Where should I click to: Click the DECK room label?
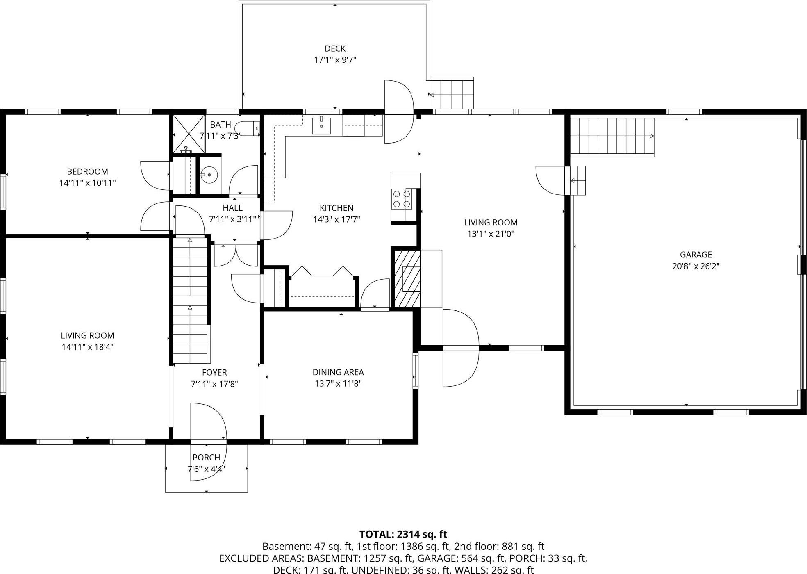[x=335, y=49]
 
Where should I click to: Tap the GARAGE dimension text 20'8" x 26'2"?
[x=696, y=266]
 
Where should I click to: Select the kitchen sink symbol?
[x=321, y=125]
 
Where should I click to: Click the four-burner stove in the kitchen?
[x=401, y=199]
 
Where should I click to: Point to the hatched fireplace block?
[x=407, y=278]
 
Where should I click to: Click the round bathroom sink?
[x=210, y=175]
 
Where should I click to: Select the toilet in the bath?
[x=250, y=128]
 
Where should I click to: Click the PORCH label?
[x=206, y=457]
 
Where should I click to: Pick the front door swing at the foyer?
[x=208, y=422]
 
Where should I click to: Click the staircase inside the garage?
[x=612, y=136]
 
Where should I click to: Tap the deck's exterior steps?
[x=451, y=94]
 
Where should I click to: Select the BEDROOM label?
[x=87, y=171]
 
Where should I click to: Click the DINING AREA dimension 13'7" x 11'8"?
[x=338, y=384]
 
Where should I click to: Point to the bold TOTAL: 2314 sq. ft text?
[x=403, y=534]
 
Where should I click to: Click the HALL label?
[x=232, y=208]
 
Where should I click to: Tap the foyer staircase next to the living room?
[x=190, y=301]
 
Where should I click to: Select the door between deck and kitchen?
[x=398, y=112]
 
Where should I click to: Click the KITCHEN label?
[x=336, y=208]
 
